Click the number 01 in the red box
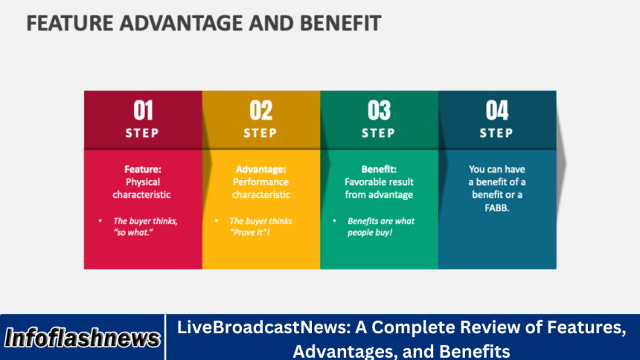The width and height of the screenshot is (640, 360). (x=143, y=111)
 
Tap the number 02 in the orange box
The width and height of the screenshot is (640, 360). (x=260, y=111)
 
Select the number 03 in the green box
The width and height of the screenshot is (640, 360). (x=379, y=111)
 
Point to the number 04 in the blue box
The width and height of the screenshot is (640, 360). (x=496, y=111)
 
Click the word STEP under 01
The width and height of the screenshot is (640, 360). (x=143, y=133)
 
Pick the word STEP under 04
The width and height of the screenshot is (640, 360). (x=496, y=133)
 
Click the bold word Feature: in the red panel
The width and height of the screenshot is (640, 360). (x=142, y=169)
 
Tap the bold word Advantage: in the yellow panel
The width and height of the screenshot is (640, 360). (x=260, y=169)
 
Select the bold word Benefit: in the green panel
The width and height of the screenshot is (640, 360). (x=379, y=169)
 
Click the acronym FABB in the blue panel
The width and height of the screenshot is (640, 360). (x=496, y=208)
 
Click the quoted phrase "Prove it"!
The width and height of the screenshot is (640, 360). (x=249, y=233)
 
